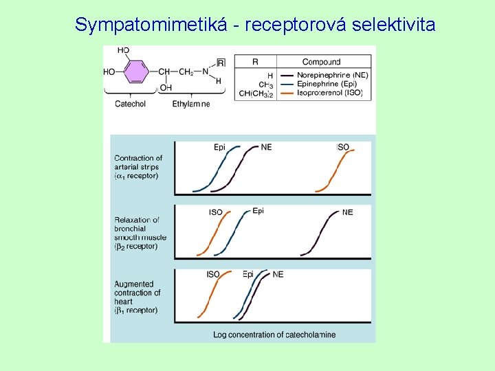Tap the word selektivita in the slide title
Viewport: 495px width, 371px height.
(x=393, y=25)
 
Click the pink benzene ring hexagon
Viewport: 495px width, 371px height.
(x=136, y=71)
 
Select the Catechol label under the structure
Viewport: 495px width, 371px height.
(x=130, y=104)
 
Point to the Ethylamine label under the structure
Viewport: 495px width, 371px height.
(x=191, y=104)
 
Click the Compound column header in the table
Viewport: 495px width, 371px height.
(x=321, y=62)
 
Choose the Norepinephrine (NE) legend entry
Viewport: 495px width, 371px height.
(x=332, y=75)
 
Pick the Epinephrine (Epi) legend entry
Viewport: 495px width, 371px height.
(x=328, y=85)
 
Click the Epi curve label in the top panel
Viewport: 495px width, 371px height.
(x=220, y=148)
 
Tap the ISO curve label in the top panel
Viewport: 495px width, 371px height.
(x=343, y=148)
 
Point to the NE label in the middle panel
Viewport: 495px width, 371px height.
(x=347, y=212)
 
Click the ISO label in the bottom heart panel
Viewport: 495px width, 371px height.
(x=213, y=275)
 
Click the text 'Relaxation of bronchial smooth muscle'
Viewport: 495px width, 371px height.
(x=140, y=233)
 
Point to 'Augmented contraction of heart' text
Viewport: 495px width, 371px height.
(x=137, y=297)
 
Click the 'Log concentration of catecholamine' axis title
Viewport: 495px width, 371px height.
(x=274, y=335)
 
